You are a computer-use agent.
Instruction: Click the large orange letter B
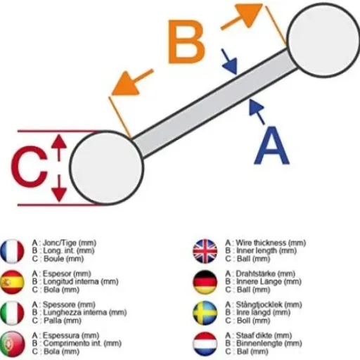click(x=186, y=41)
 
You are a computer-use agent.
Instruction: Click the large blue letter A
click(x=272, y=146)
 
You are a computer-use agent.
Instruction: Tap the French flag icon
click(x=12, y=251)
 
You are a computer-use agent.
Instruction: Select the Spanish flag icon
click(x=12, y=282)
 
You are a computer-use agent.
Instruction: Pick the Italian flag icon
click(x=12, y=313)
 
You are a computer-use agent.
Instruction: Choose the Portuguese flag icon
click(x=12, y=344)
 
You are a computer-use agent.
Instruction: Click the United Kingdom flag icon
click(x=205, y=251)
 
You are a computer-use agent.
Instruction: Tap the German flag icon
click(x=205, y=282)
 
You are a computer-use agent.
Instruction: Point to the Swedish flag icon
click(x=205, y=313)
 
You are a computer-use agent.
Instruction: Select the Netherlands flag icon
click(x=205, y=344)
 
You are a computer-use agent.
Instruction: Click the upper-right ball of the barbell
click(x=323, y=39)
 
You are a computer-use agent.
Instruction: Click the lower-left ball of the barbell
click(x=106, y=167)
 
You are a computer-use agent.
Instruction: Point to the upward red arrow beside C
click(x=59, y=148)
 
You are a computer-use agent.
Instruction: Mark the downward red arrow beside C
click(x=59, y=188)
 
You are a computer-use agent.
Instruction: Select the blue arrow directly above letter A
click(x=257, y=112)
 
